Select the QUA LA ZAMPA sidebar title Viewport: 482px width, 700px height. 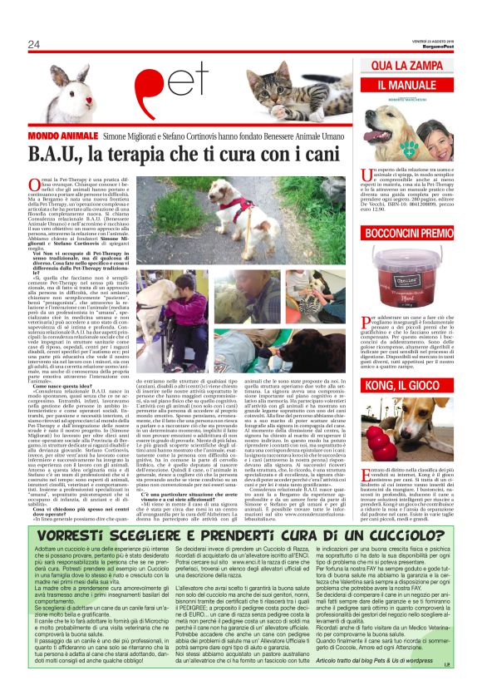(x=416, y=66)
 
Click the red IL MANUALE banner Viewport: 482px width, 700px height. (x=415, y=86)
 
